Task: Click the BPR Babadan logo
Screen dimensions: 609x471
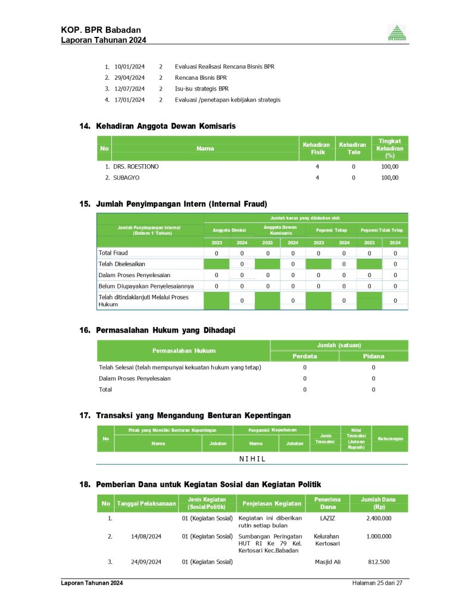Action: point(397,33)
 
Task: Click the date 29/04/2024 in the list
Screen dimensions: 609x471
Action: point(129,77)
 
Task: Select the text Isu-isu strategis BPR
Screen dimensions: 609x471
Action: point(201,89)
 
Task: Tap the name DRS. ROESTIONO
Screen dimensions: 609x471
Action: point(136,167)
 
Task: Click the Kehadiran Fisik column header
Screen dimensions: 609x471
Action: point(316,149)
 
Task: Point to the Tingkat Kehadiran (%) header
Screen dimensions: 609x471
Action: point(390,148)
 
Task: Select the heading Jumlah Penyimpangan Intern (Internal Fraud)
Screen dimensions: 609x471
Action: point(177,204)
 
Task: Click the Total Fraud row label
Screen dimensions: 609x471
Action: point(113,253)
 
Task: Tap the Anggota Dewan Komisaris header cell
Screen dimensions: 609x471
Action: point(280,230)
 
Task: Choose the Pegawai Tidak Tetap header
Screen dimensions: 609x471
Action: point(382,230)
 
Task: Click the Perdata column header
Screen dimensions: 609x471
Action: point(304,356)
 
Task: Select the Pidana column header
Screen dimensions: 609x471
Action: point(373,356)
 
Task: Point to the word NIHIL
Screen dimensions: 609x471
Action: point(252,459)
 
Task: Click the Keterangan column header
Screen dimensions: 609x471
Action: point(390,439)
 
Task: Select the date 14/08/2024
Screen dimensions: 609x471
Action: point(146,536)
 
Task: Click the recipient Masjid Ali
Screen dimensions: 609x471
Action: point(327,561)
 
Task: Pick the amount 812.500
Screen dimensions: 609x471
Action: point(379,561)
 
